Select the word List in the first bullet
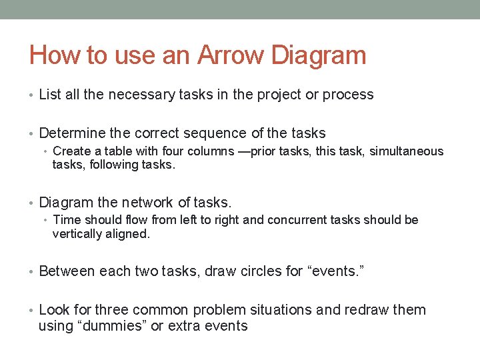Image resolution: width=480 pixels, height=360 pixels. [50, 95]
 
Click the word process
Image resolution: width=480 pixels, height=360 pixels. [348, 95]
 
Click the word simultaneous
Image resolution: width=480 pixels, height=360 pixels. [406, 151]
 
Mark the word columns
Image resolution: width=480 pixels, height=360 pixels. [203, 151]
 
